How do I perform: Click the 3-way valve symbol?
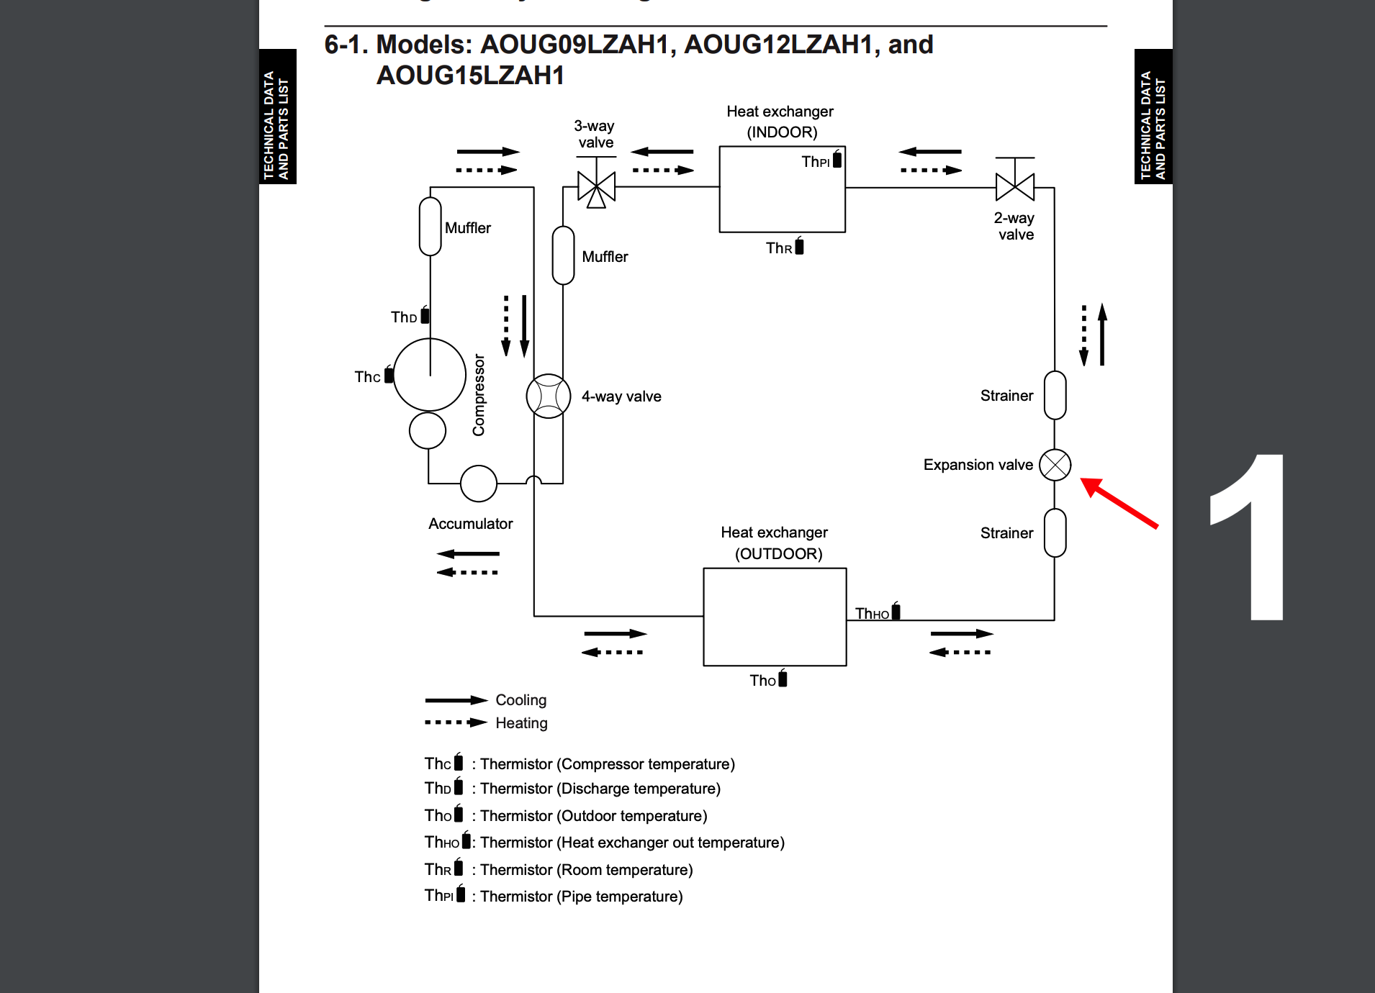(x=596, y=188)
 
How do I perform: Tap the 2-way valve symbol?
(x=1014, y=186)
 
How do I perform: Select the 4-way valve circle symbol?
(x=549, y=396)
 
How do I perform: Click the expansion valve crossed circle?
(x=1055, y=465)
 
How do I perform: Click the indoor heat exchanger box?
(x=782, y=190)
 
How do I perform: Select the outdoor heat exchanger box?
(x=775, y=617)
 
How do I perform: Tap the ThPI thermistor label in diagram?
(x=816, y=162)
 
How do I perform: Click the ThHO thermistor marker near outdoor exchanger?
(x=895, y=611)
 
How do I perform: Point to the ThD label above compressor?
(x=404, y=317)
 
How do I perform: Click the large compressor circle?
(x=430, y=375)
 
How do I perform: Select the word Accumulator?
(x=470, y=524)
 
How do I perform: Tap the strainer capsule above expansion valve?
(x=1055, y=395)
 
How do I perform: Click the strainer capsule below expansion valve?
(x=1055, y=533)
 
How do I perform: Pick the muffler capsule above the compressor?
(x=430, y=226)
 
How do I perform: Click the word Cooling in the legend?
(x=520, y=700)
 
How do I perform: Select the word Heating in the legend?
(x=521, y=723)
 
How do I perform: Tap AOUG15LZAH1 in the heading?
(x=470, y=76)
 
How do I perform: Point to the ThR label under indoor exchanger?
(x=779, y=248)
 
